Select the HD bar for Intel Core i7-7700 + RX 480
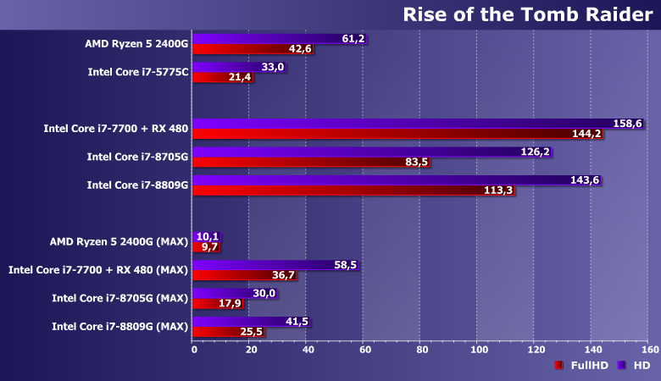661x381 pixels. [407, 123]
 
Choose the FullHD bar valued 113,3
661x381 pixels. [339, 190]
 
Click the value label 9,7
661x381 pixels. [208, 247]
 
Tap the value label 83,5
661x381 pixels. [417, 163]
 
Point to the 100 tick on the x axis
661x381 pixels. [479, 349]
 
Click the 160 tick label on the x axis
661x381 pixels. [650, 349]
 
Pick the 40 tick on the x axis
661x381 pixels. [308, 349]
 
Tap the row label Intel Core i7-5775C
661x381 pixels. [137, 72]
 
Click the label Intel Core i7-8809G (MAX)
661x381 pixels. [119, 326]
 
